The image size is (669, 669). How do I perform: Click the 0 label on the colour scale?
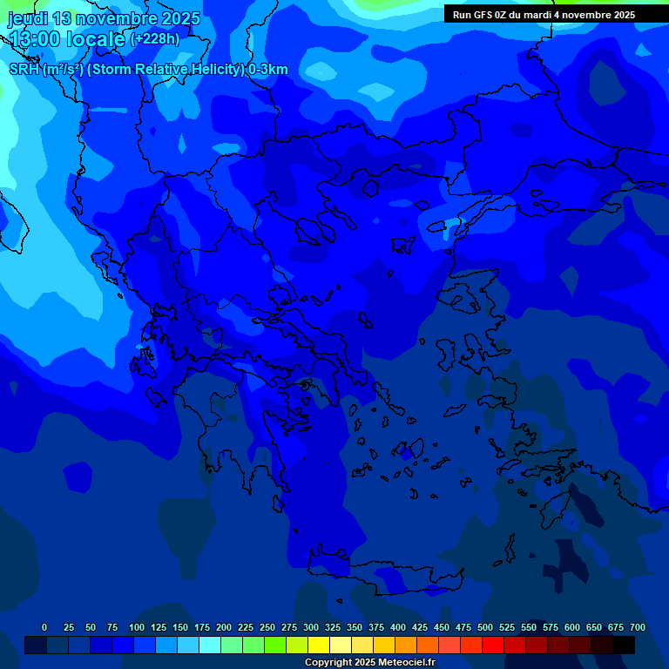[44, 627]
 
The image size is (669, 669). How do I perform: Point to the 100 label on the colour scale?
[137, 627]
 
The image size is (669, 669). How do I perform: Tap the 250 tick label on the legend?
[267, 627]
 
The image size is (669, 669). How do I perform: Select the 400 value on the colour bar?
[398, 627]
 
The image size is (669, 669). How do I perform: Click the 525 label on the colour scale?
[507, 627]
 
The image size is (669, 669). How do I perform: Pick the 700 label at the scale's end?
[638, 627]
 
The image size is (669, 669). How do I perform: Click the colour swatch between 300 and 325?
[319, 645]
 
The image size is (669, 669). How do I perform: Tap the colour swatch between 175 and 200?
[210, 645]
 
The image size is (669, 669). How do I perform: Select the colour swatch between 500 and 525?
[493, 645]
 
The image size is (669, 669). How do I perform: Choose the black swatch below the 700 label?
[624, 645]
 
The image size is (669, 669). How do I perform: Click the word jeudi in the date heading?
[28, 19]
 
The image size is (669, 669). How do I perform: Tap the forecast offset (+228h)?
[155, 39]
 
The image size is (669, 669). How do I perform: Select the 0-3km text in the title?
[268, 70]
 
